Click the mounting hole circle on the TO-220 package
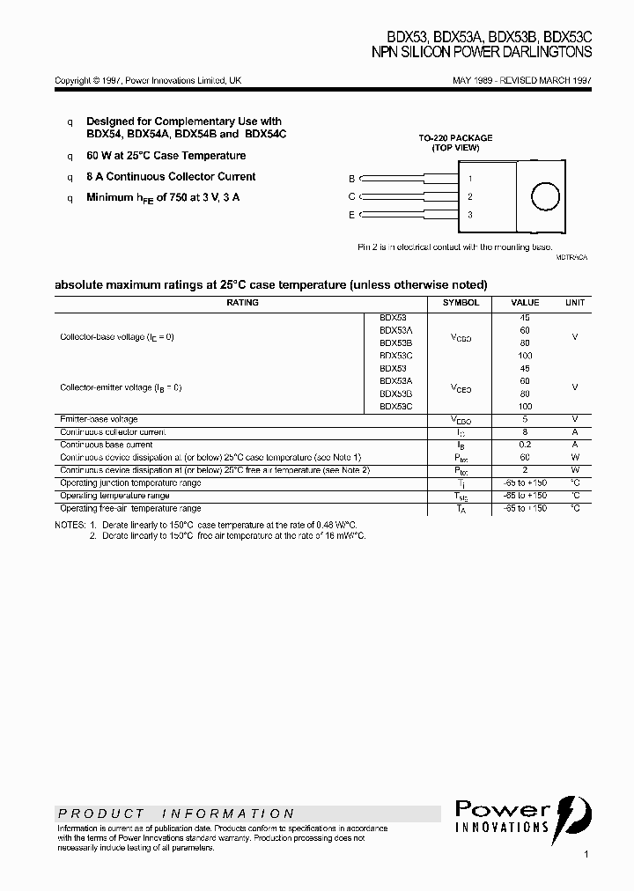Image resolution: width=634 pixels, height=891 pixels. (544, 195)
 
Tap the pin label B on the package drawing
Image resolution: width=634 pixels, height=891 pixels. (351, 178)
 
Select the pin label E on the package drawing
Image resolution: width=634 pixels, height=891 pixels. (351, 215)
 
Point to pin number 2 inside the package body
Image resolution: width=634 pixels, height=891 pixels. (470, 196)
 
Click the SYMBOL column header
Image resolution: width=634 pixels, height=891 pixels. (461, 302)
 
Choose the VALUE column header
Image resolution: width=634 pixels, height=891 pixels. (526, 302)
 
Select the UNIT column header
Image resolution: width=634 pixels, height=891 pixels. (575, 302)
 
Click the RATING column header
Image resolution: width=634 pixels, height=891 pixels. (242, 302)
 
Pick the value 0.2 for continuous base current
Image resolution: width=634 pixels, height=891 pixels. (526, 445)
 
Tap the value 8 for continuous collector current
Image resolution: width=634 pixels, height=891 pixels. (526, 432)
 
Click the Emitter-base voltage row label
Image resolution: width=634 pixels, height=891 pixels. (98, 419)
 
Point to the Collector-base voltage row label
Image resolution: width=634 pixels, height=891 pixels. (117, 337)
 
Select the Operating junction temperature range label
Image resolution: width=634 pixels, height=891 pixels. (130, 482)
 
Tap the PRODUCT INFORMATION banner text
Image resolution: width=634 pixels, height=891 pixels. (176, 814)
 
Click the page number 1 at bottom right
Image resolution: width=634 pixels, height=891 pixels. (586, 854)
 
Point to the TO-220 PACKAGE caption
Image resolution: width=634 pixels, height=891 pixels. (455, 138)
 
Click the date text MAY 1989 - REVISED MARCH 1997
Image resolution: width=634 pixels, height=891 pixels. (522, 80)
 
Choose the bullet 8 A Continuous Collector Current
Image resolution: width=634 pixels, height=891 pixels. (171, 177)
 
